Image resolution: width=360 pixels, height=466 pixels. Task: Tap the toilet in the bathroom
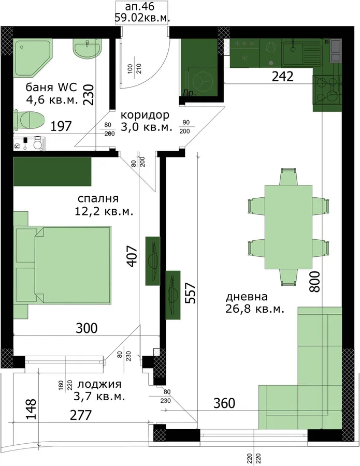29,120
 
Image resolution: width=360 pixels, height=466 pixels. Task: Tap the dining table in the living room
289,227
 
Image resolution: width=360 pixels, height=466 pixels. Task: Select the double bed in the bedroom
63,265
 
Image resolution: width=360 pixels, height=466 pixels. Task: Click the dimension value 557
190,293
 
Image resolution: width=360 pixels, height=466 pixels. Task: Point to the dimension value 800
315,282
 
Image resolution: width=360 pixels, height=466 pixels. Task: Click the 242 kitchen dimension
283,77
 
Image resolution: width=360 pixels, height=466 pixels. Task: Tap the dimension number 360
224,403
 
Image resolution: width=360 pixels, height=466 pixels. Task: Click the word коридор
145,115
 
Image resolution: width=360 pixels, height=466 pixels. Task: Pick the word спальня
98,198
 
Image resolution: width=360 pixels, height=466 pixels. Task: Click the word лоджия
99,384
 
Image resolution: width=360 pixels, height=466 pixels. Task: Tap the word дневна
247,297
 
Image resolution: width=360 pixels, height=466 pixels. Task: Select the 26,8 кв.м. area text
255,309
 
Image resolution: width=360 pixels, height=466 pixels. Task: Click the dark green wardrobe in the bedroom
52,171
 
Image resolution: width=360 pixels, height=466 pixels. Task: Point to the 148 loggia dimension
31,409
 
